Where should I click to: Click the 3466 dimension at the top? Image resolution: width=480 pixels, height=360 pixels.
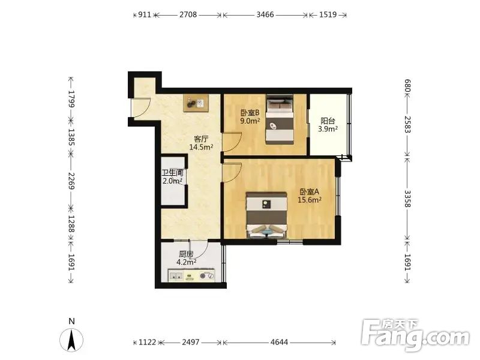point(265,14)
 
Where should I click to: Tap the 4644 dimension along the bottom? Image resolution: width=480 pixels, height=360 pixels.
point(279,342)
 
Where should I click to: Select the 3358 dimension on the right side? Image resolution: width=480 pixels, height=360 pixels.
point(407,199)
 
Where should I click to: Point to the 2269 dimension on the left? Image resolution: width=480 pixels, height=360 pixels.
point(71,181)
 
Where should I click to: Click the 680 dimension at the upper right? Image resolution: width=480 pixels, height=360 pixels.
point(407,86)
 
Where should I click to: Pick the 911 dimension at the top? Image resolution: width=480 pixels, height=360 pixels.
point(145,14)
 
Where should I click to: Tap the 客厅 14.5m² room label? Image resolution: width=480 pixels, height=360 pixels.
point(201,143)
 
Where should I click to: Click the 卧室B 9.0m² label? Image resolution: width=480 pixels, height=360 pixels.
point(250,116)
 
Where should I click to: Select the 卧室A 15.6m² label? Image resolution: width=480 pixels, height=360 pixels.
point(310,196)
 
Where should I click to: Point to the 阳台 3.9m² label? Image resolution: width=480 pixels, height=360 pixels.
point(328,125)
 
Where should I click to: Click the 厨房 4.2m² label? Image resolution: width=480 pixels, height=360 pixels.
point(186,258)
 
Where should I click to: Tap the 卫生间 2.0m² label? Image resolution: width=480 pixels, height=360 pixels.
point(173,177)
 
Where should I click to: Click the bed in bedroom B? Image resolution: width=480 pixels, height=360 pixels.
point(280,119)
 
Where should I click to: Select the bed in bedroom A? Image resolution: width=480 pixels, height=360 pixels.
point(267,215)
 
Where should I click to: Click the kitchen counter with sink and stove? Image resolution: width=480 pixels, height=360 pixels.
point(191,275)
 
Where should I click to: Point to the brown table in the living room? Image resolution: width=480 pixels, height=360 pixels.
point(197,103)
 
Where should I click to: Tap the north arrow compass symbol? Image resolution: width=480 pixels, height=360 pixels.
point(71,340)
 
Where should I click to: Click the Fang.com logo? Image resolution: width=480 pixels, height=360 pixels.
point(415,335)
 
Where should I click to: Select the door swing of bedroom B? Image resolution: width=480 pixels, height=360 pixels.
point(232,142)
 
